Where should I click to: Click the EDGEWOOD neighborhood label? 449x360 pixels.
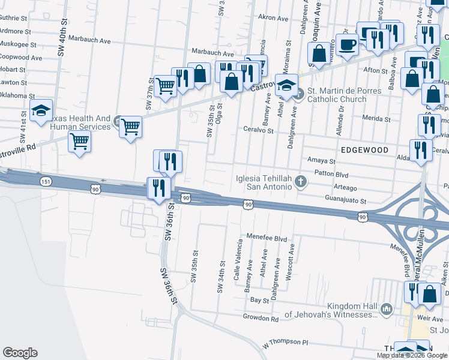(364, 149)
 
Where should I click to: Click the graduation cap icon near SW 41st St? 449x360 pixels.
(41, 110)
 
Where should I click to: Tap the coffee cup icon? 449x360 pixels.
(347, 43)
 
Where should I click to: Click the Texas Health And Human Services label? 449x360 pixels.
(80, 122)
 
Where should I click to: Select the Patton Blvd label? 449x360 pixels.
(331, 173)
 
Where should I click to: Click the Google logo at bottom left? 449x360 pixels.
(20, 353)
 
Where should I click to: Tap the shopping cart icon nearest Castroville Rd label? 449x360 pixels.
(79, 142)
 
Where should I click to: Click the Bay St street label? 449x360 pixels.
(259, 299)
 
